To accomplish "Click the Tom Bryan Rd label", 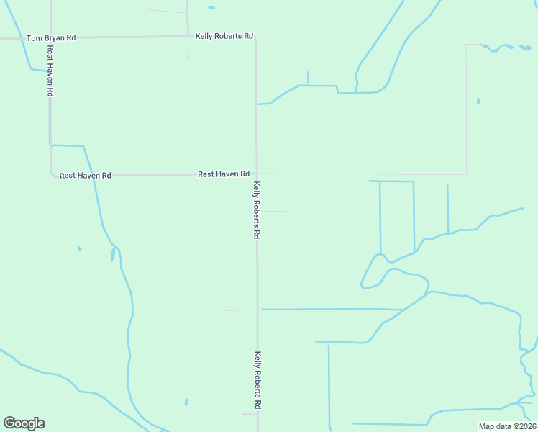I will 50,37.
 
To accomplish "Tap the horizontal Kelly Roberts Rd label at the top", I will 224,36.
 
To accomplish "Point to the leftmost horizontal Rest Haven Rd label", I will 85,175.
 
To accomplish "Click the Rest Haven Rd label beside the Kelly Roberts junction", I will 223,174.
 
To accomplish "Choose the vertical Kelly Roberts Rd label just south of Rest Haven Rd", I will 256,210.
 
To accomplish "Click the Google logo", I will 24,423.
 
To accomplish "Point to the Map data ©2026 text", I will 508,426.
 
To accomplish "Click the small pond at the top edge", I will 211,8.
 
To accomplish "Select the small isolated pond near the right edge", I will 478,101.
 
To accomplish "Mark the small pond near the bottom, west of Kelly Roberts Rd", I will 186,402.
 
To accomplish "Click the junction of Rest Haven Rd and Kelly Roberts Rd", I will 256,174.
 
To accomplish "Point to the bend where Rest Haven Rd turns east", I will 52,173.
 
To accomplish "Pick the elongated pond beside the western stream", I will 113,254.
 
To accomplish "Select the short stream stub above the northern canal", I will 308,77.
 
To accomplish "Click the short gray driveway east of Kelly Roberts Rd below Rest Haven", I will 275,212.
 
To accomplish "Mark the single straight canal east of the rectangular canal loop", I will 447,208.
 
